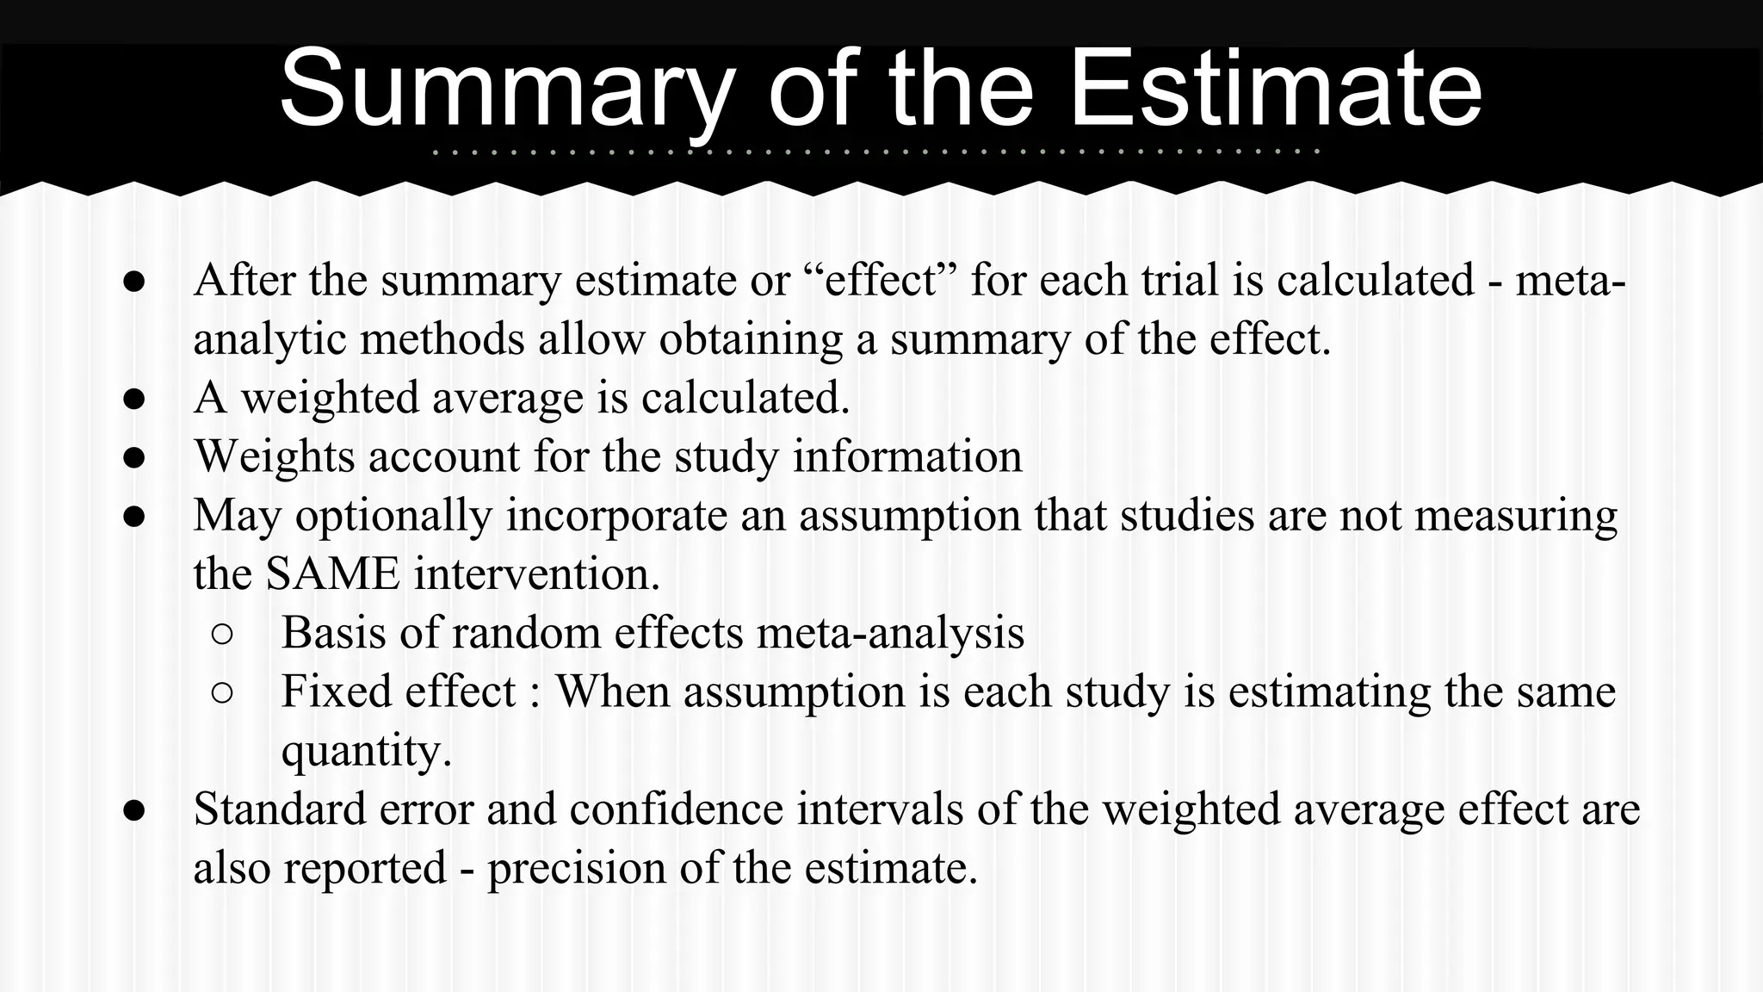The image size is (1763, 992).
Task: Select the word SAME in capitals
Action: click(x=332, y=573)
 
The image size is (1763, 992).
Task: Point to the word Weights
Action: click(x=274, y=456)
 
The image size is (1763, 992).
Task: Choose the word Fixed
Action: click(x=336, y=691)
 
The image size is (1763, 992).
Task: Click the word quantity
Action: click(x=366, y=751)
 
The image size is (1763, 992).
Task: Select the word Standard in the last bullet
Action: click(x=281, y=809)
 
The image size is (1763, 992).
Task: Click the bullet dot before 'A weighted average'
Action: click(x=133, y=399)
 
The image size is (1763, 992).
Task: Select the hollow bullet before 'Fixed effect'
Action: click(x=221, y=692)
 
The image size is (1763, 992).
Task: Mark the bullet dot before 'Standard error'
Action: click(x=133, y=810)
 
